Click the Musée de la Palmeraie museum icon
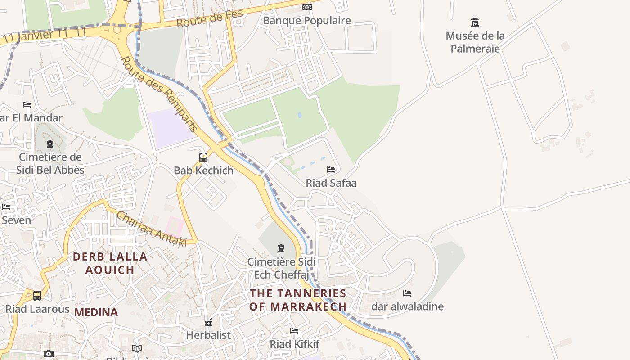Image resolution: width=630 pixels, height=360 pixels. [475, 22]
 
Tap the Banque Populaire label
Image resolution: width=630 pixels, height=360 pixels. [306, 21]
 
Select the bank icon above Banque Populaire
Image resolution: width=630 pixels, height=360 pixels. [306, 7]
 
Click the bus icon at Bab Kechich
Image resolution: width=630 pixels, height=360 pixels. [203, 157]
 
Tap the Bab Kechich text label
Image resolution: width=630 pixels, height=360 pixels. [203, 171]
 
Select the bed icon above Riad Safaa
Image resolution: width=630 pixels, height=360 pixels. [331, 170]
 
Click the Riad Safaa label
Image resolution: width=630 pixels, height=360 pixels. [331, 183]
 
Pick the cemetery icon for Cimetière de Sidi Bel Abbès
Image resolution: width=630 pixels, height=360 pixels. [50, 144]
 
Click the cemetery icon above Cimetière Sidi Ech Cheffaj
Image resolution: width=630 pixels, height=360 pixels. [281, 248]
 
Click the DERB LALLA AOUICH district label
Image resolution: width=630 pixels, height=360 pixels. [110, 263]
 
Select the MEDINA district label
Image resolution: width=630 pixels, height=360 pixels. [96, 312]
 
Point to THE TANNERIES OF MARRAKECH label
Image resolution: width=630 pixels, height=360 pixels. [298, 300]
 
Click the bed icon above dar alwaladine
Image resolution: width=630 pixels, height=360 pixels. [407, 293]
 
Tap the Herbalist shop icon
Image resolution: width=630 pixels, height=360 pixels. [208, 322]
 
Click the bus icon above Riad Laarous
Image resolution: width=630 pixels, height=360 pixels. [37, 296]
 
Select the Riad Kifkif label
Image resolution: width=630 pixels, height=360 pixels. [294, 344]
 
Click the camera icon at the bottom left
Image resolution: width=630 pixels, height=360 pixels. [49, 354]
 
